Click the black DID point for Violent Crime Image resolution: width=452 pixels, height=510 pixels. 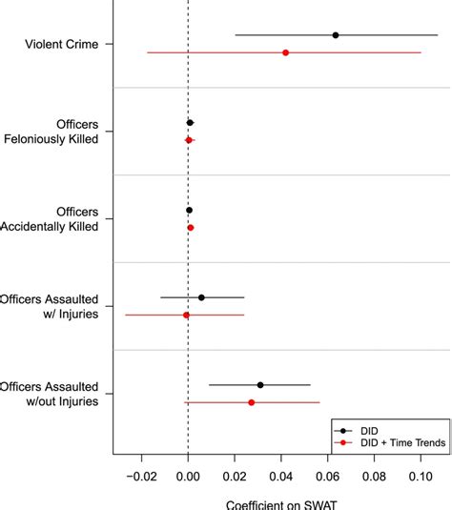[x=336, y=35]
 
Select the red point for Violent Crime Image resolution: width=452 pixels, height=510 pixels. [x=286, y=52]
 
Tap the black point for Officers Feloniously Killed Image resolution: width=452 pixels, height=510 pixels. [x=190, y=123]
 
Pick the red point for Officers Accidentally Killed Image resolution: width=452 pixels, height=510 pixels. [x=191, y=228]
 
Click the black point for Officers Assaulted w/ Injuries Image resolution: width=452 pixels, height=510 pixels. [x=201, y=297]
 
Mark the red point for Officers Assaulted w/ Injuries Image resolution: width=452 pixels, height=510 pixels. [x=187, y=315]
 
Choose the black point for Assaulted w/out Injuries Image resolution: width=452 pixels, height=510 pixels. [x=260, y=385]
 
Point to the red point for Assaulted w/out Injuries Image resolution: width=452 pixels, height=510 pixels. [x=252, y=402]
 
